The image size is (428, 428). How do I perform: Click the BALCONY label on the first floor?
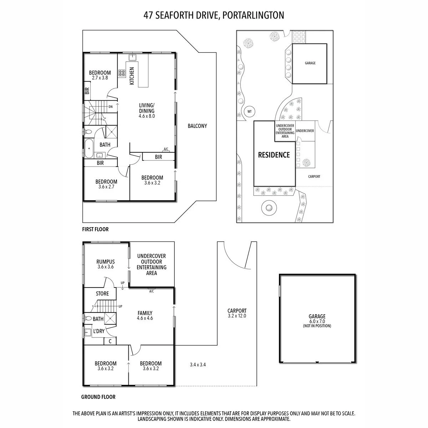(197, 126)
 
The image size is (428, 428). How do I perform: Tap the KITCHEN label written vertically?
(132, 76)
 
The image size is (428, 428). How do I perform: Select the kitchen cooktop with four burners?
(122, 73)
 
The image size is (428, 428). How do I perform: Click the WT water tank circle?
(249, 112)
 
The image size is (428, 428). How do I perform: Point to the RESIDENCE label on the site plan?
(274, 155)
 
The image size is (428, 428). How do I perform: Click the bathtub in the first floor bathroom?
(89, 148)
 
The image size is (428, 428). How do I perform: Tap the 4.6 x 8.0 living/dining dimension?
(147, 116)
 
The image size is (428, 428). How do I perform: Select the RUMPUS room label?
(106, 262)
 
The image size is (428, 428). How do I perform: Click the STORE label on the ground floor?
(102, 294)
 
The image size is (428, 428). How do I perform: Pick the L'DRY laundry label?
(99, 331)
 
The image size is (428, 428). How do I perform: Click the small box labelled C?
(110, 341)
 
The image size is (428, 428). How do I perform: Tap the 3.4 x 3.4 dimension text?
(198, 365)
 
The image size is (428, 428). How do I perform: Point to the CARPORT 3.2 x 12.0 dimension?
(237, 316)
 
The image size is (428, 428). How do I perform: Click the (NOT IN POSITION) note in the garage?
(317, 326)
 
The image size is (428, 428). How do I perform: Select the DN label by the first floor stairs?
(111, 107)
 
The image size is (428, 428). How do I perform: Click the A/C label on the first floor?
(166, 149)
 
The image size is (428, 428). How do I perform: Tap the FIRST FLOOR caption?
(96, 229)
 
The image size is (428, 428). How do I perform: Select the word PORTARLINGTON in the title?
(253, 15)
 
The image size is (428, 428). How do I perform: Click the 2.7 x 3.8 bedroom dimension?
(100, 78)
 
